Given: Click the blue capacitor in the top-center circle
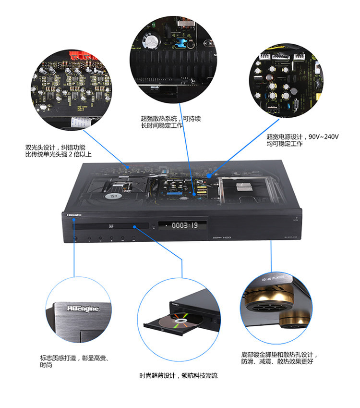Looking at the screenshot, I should point(182,43).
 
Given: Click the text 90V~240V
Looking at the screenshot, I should point(324,137).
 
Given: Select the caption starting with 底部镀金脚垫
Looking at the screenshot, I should point(278,358).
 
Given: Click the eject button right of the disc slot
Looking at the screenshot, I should point(153,225).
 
